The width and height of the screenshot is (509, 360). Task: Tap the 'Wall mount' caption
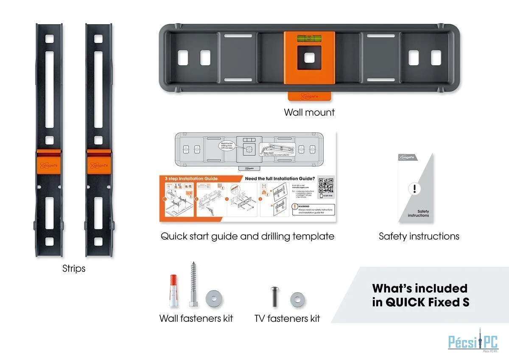(x=309, y=112)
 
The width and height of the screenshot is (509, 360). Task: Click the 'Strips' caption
(x=74, y=268)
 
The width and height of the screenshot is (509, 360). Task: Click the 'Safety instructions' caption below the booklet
(x=419, y=236)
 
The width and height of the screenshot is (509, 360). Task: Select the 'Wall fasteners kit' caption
(x=196, y=318)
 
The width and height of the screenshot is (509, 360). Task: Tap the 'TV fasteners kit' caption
(x=287, y=318)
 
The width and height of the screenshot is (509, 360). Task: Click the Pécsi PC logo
(x=473, y=342)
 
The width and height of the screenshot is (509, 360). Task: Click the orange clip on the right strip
(x=98, y=163)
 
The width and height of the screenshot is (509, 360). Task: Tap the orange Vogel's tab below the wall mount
(x=309, y=96)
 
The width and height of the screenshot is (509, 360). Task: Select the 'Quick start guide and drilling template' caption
(x=247, y=236)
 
